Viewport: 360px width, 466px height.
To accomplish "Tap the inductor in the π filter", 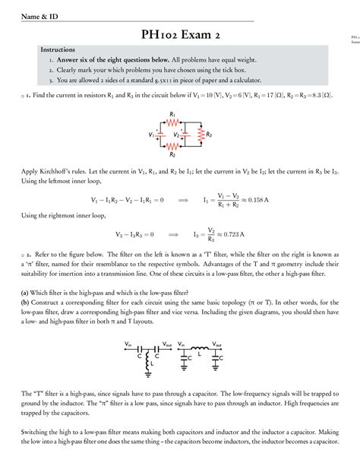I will pyautogui.click(x=199, y=348).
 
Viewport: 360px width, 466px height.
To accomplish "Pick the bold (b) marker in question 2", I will pyautogui.click(x=26, y=303).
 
